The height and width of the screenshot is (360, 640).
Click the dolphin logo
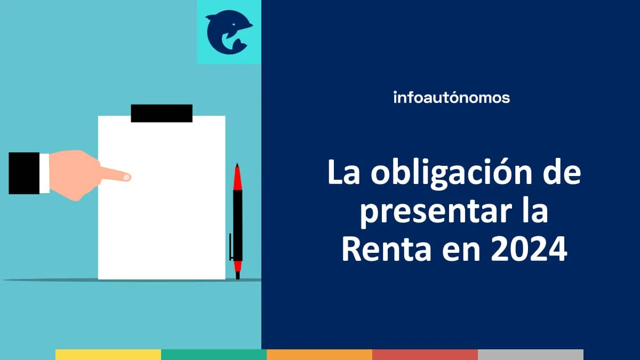[229, 32]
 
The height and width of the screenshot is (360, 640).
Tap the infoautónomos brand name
[451, 98]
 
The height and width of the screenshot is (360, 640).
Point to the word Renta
[385, 250]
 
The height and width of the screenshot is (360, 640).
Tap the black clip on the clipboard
[162, 113]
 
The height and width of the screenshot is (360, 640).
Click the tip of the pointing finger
[126, 177]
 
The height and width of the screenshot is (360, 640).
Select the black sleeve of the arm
[23, 173]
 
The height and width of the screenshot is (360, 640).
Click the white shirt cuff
[44, 173]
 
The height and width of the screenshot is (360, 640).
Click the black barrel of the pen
[237, 224]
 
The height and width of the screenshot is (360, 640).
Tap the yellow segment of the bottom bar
[108, 355]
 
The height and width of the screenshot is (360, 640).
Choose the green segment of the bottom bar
[214, 355]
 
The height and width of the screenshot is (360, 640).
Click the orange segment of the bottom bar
[319, 355]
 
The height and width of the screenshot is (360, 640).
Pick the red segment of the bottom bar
[425, 355]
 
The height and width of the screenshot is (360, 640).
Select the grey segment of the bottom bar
[531, 355]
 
